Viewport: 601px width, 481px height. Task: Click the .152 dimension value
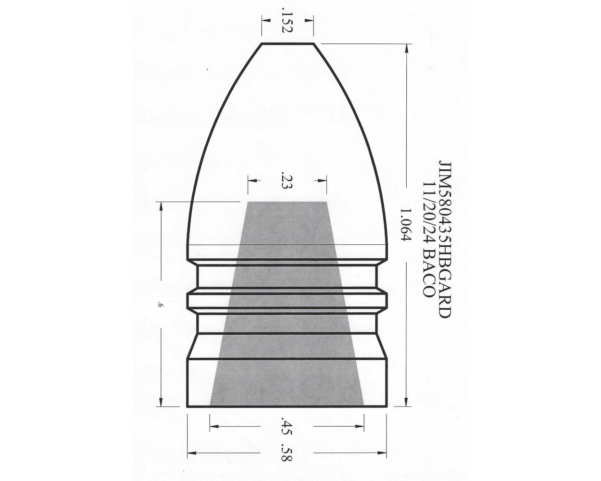coord(287,23)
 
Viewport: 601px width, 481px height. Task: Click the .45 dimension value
coord(287,426)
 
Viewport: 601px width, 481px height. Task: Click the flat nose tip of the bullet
coord(287,44)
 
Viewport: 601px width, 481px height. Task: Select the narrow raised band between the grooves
coord(287,298)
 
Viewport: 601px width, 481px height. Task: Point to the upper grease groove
coord(287,276)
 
